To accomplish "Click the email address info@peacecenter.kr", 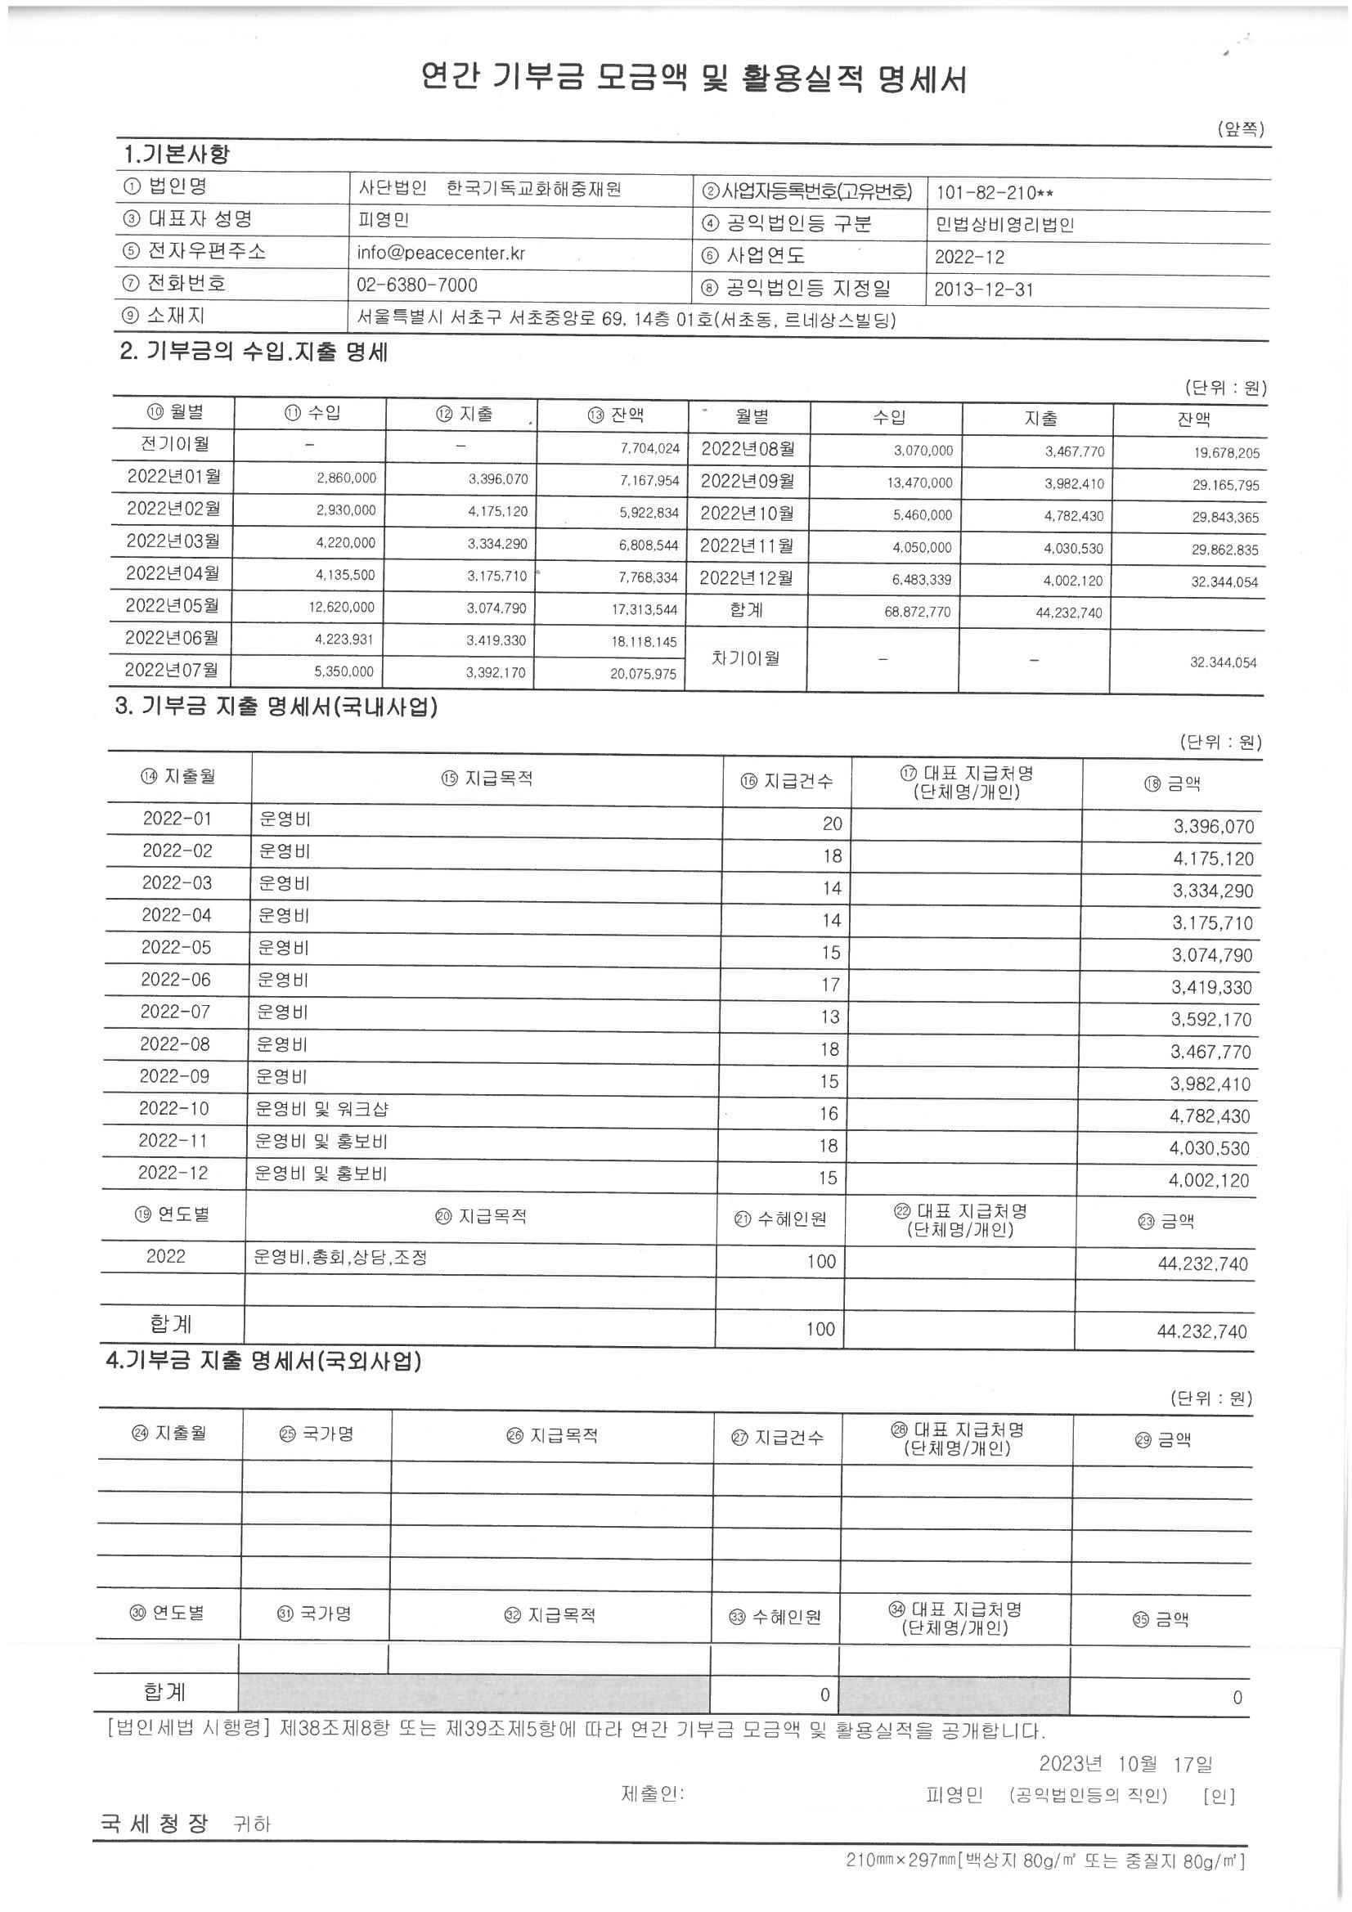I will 441,254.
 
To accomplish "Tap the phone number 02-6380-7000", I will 416,285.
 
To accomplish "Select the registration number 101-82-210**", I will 995,193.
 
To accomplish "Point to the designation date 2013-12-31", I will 984,289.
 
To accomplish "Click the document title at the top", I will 693,79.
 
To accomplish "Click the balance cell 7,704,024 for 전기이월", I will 649,449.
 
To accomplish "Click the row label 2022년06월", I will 173,638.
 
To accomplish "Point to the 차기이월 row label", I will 746,658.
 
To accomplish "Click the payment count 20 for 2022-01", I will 832,824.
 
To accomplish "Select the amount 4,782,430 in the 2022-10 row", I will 1210,1116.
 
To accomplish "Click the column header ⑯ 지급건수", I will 786,781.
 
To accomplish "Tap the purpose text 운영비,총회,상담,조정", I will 340,1257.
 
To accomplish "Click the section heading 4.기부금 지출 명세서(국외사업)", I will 263,1362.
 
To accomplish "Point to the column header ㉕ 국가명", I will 317,1433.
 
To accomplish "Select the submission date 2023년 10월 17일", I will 1125,1763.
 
